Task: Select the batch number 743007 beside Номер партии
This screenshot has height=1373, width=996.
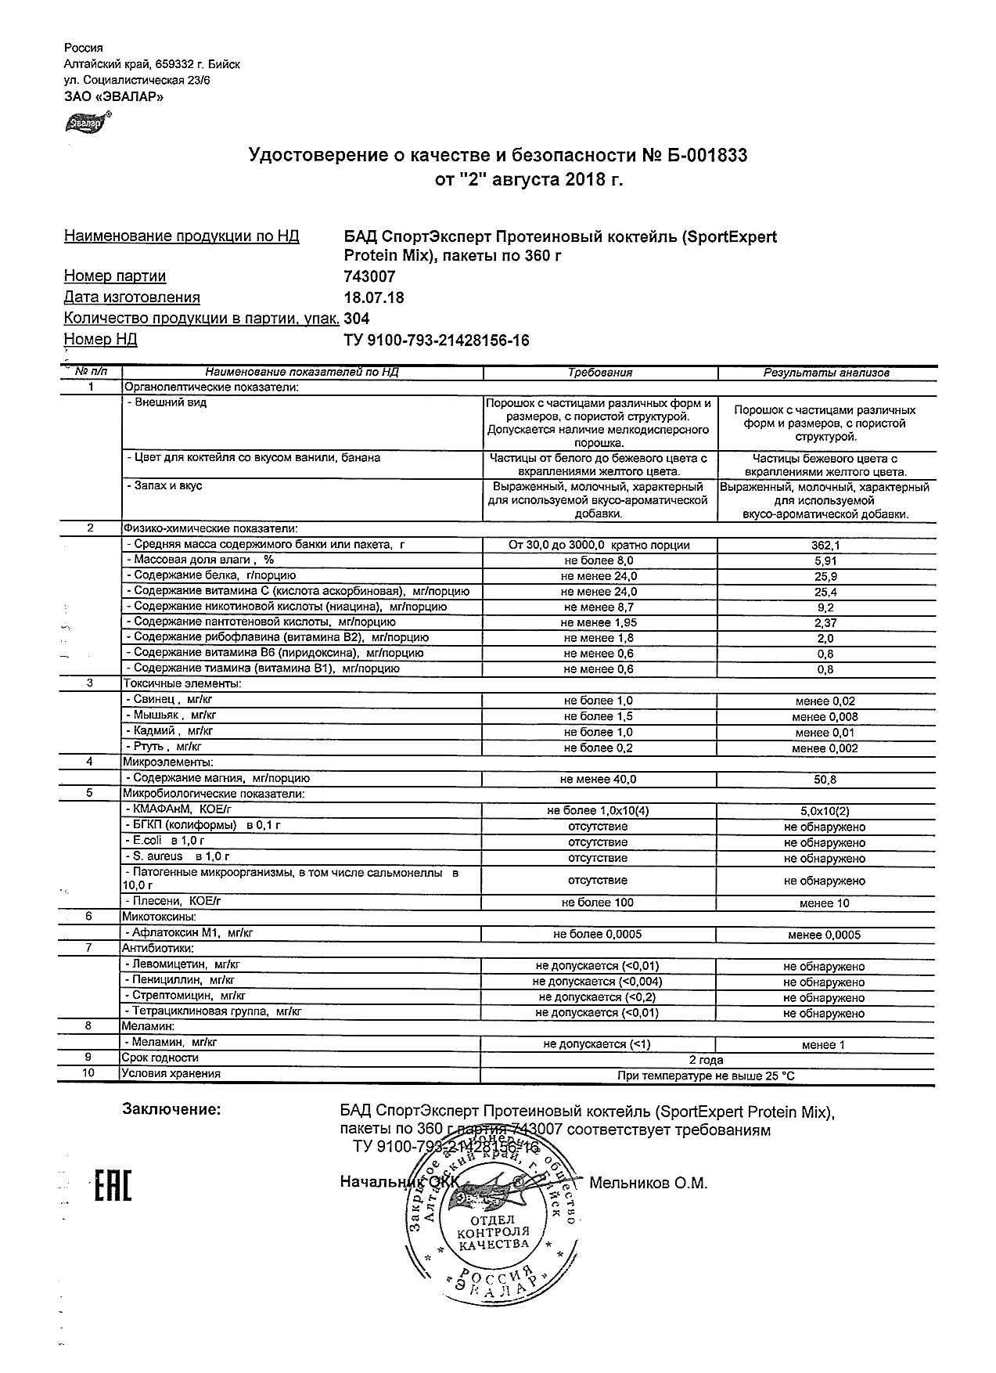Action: click(369, 276)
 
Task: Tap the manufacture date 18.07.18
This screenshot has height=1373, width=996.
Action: click(374, 297)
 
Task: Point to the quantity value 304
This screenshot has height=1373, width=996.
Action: click(357, 319)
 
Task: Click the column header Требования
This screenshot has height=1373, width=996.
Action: click(599, 373)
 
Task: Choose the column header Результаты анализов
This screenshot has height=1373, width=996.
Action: click(826, 373)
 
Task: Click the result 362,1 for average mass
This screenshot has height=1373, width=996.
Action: click(825, 545)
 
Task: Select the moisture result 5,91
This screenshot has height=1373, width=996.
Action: click(825, 560)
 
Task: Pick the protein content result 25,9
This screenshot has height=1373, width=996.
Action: click(825, 576)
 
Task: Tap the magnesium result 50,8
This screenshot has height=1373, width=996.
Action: click(825, 780)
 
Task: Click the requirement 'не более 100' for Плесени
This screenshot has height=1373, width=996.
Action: click(598, 903)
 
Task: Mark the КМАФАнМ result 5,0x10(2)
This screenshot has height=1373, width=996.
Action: click(825, 811)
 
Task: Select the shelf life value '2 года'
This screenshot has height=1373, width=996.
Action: click(706, 1060)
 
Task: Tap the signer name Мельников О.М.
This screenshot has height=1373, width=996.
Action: click(648, 1183)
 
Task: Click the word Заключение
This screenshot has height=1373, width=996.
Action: click(171, 1109)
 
